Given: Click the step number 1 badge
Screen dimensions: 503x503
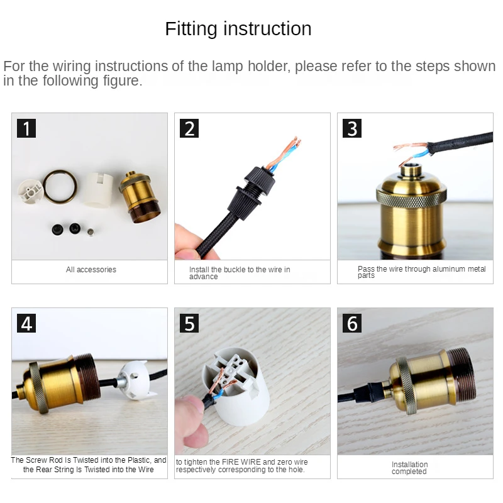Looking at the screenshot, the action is coord(26,128).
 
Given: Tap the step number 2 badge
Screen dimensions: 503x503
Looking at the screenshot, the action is coord(189,128).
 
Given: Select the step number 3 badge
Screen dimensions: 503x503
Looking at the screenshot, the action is coord(352,128).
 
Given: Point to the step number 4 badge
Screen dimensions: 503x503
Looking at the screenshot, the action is coord(26,323).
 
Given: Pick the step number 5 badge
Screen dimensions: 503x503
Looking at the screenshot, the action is coord(189,323).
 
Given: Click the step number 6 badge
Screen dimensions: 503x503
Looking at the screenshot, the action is coord(352,323).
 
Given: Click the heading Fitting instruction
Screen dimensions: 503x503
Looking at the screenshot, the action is coord(238,29).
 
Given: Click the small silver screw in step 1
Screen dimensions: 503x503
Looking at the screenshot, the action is coord(91,231).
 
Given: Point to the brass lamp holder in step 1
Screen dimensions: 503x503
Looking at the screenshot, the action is coord(140,197).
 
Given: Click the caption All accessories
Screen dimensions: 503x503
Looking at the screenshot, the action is coord(91,270).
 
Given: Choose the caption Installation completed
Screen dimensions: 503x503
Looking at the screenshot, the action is coord(410,468).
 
